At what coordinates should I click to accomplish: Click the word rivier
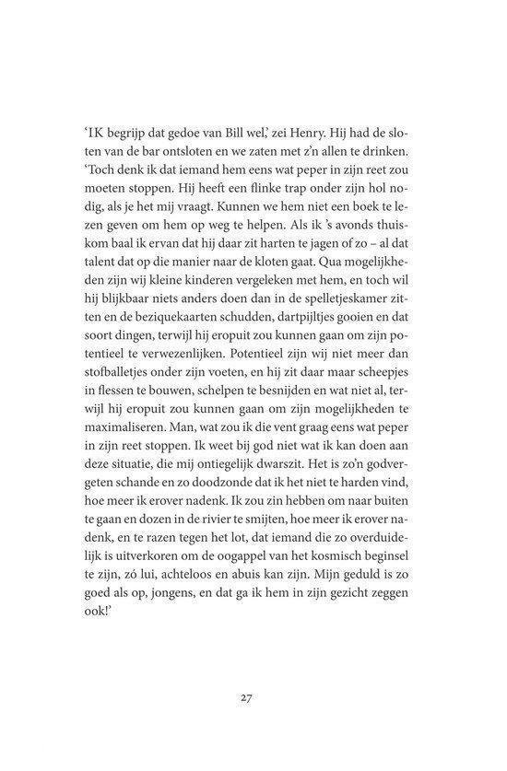pos(241,557)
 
